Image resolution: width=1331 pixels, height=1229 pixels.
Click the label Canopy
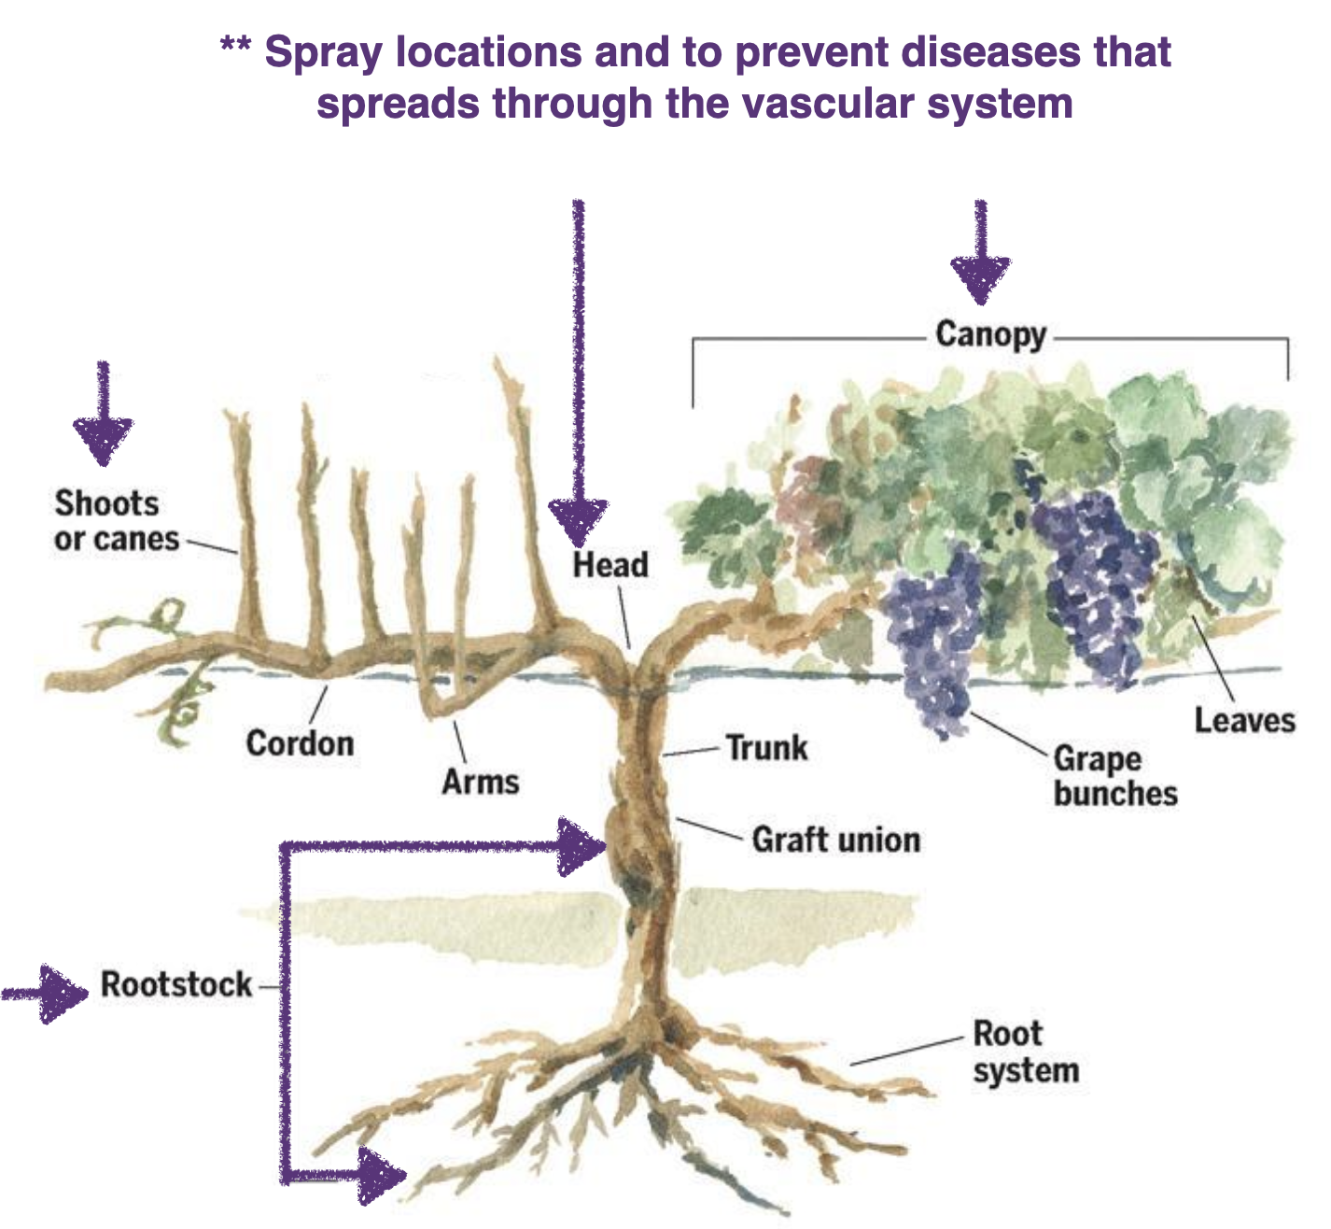click(x=990, y=334)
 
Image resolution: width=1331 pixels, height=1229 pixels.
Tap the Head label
click(x=610, y=564)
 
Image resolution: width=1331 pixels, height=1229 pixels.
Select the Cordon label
click(x=300, y=743)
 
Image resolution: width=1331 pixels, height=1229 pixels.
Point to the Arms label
click(x=480, y=781)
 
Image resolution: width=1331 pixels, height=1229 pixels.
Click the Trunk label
click(x=766, y=748)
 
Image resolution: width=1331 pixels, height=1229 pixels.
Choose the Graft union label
click(x=835, y=840)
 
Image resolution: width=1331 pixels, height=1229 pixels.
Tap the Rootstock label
click(x=176, y=984)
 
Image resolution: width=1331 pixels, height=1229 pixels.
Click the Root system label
click(x=1025, y=1052)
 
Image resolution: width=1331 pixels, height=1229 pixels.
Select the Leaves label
click(x=1245, y=720)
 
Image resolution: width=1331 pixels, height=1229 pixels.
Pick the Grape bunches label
click(x=1114, y=775)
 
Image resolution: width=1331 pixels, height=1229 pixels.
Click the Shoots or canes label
click(x=116, y=520)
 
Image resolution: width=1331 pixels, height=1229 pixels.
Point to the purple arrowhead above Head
click(x=578, y=521)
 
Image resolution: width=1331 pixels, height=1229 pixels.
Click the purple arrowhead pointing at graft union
click(x=581, y=847)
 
